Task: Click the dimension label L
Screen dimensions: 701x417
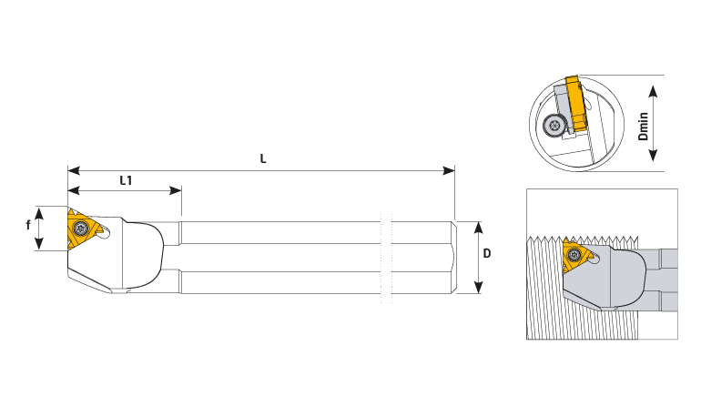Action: tap(263, 158)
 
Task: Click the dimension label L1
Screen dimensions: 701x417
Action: tap(126, 180)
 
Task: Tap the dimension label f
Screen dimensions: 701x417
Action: tap(28, 225)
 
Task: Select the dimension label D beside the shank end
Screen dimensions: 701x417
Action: tap(487, 253)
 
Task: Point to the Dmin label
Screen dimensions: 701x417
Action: tap(643, 127)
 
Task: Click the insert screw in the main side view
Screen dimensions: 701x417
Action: tap(81, 228)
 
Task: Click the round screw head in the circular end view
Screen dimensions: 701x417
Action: tap(554, 125)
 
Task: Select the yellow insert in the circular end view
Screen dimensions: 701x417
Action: tap(576, 104)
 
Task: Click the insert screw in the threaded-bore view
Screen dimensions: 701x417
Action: tap(574, 255)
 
